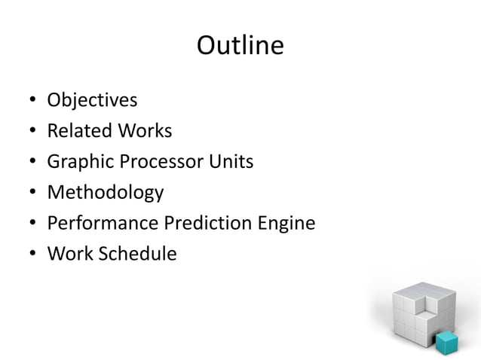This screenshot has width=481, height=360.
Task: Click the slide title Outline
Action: pyautogui.click(x=240, y=47)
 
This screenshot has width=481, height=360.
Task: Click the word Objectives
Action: pyautogui.click(x=92, y=100)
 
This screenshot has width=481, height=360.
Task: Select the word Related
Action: pyautogui.click(x=78, y=131)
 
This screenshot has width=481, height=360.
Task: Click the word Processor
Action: pyautogui.click(x=161, y=162)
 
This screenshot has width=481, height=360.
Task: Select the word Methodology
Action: pyautogui.click(x=105, y=193)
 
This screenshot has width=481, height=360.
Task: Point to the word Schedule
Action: pyautogui.click(x=135, y=255)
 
